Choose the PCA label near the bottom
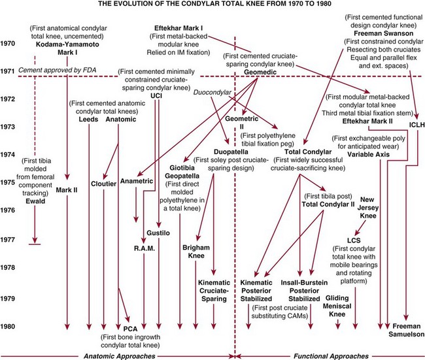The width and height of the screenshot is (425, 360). [x=131, y=328]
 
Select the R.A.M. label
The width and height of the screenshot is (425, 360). [x=145, y=249]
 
